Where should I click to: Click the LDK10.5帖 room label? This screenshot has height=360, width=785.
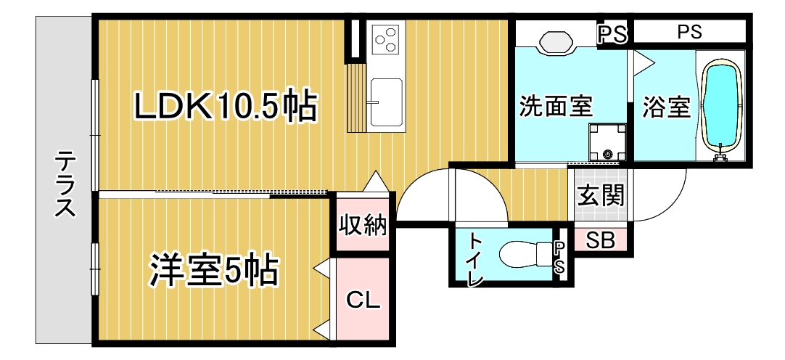click(226, 107)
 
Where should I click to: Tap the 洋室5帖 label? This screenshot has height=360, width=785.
click(214, 271)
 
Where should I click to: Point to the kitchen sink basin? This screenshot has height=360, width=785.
click(385, 102)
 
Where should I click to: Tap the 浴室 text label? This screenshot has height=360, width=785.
click(666, 107)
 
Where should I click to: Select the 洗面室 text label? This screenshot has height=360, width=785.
click(555, 107)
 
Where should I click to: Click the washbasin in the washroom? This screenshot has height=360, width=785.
click(556, 41)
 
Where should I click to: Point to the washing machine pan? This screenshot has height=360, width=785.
click(607, 143)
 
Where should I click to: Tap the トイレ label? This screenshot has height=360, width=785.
click(474, 260)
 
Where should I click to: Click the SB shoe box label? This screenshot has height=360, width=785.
click(600, 242)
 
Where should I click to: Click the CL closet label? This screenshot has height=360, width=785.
click(363, 301)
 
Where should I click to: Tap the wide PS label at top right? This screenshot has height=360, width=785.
click(690, 33)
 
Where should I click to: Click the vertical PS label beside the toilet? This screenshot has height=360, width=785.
click(559, 258)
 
